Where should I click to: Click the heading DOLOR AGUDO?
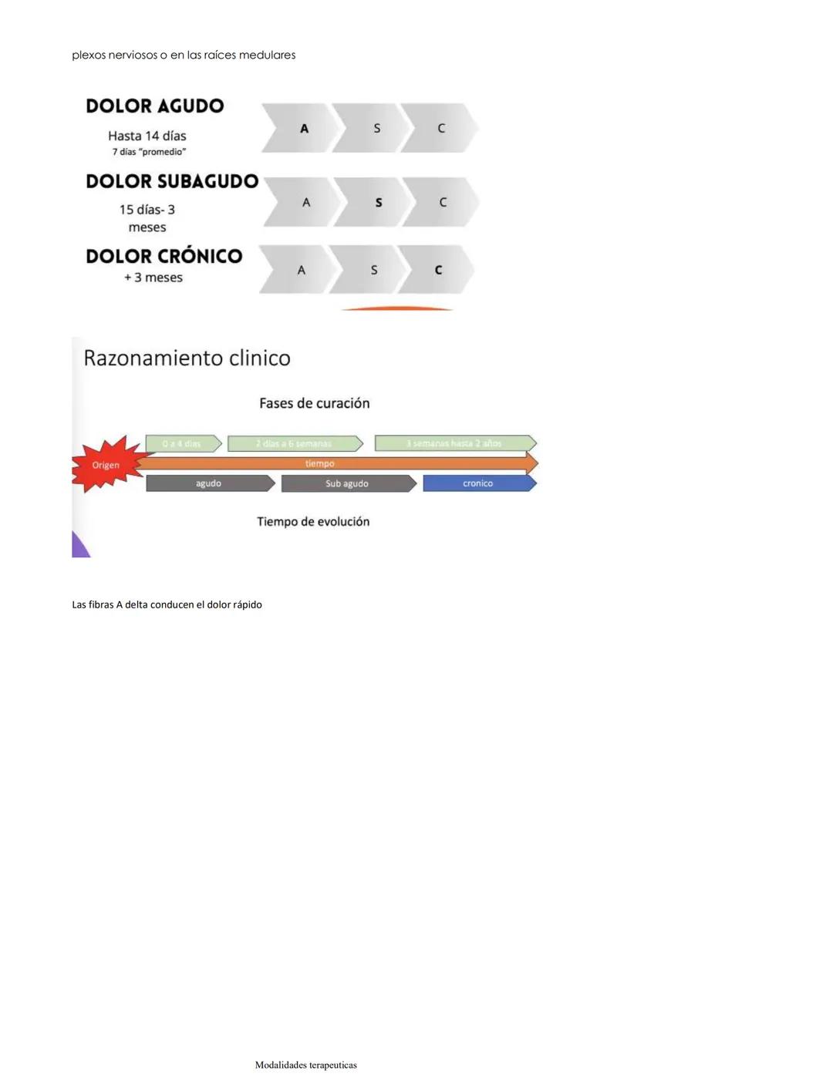click(154, 106)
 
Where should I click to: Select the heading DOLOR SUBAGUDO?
click(172, 181)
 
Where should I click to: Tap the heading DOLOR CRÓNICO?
click(164, 256)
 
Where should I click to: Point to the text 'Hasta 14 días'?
click(147, 136)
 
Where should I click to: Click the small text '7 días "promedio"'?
click(149, 152)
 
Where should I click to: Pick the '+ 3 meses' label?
click(153, 278)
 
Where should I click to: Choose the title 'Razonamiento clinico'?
click(187, 358)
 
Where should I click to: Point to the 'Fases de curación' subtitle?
click(314, 403)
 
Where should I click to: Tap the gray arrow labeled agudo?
click(208, 483)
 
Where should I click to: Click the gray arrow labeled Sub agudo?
click(347, 483)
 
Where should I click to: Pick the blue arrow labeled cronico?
click(478, 483)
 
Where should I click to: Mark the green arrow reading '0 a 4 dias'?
click(182, 443)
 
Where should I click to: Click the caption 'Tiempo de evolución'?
click(312, 522)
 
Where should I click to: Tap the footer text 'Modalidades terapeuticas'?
click(305, 1065)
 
